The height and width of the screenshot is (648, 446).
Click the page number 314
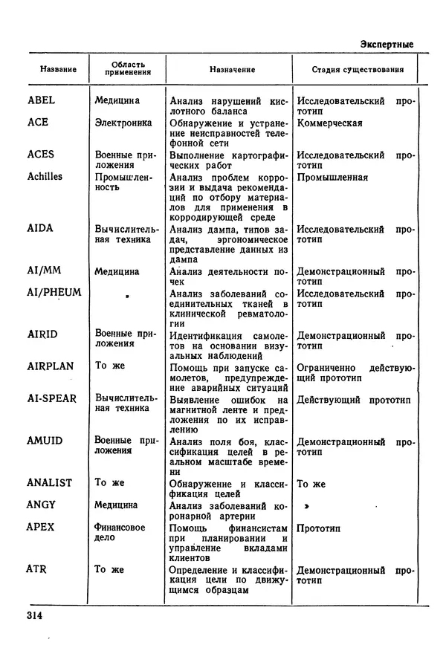[x=36, y=615]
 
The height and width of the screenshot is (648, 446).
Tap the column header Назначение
[x=232, y=70]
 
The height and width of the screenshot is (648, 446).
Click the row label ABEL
[x=42, y=100]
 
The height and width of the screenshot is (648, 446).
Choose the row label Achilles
[x=45, y=177]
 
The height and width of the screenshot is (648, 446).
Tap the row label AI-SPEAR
[x=52, y=398]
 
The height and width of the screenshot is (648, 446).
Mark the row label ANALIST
[x=50, y=483]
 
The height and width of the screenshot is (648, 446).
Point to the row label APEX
[x=41, y=527]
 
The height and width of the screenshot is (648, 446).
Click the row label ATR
[x=37, y=569]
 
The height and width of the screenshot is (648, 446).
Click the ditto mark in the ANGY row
[x=305, y=505]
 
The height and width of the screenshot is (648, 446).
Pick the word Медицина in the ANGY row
[x=117, y=505]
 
